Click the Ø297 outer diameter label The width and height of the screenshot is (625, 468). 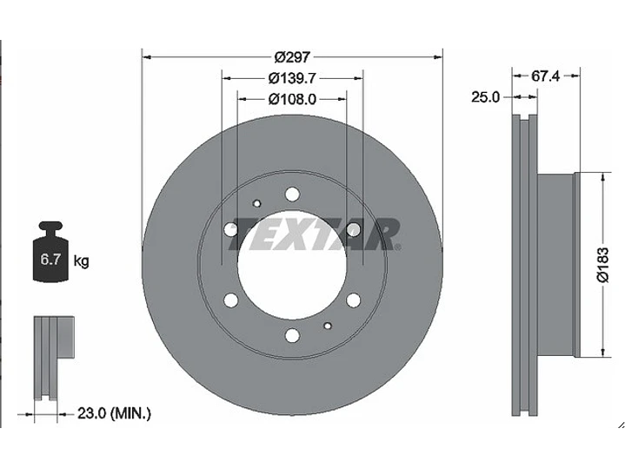tap(291, 57)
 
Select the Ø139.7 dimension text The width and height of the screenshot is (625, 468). tap(291, 78)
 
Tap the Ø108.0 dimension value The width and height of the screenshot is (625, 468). tap(291, 99)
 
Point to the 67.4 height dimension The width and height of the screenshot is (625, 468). tap(544, 76)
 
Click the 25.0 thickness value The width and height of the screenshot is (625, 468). tap(484, 97)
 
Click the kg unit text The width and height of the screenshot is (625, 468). tap(81, 260)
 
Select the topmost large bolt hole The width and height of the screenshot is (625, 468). tap(292, 194)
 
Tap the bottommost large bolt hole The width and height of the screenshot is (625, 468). tap(292, 335)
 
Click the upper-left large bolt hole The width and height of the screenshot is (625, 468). tap(230, 229)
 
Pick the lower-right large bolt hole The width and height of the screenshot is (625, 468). tap(353, 300)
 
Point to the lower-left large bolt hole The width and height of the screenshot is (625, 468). tap(230, 300)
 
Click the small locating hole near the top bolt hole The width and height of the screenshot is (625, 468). tap(256, 203)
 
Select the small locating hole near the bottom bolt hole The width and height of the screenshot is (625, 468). tap(327, 326)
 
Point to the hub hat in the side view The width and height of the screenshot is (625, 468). tap(556, 265)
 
